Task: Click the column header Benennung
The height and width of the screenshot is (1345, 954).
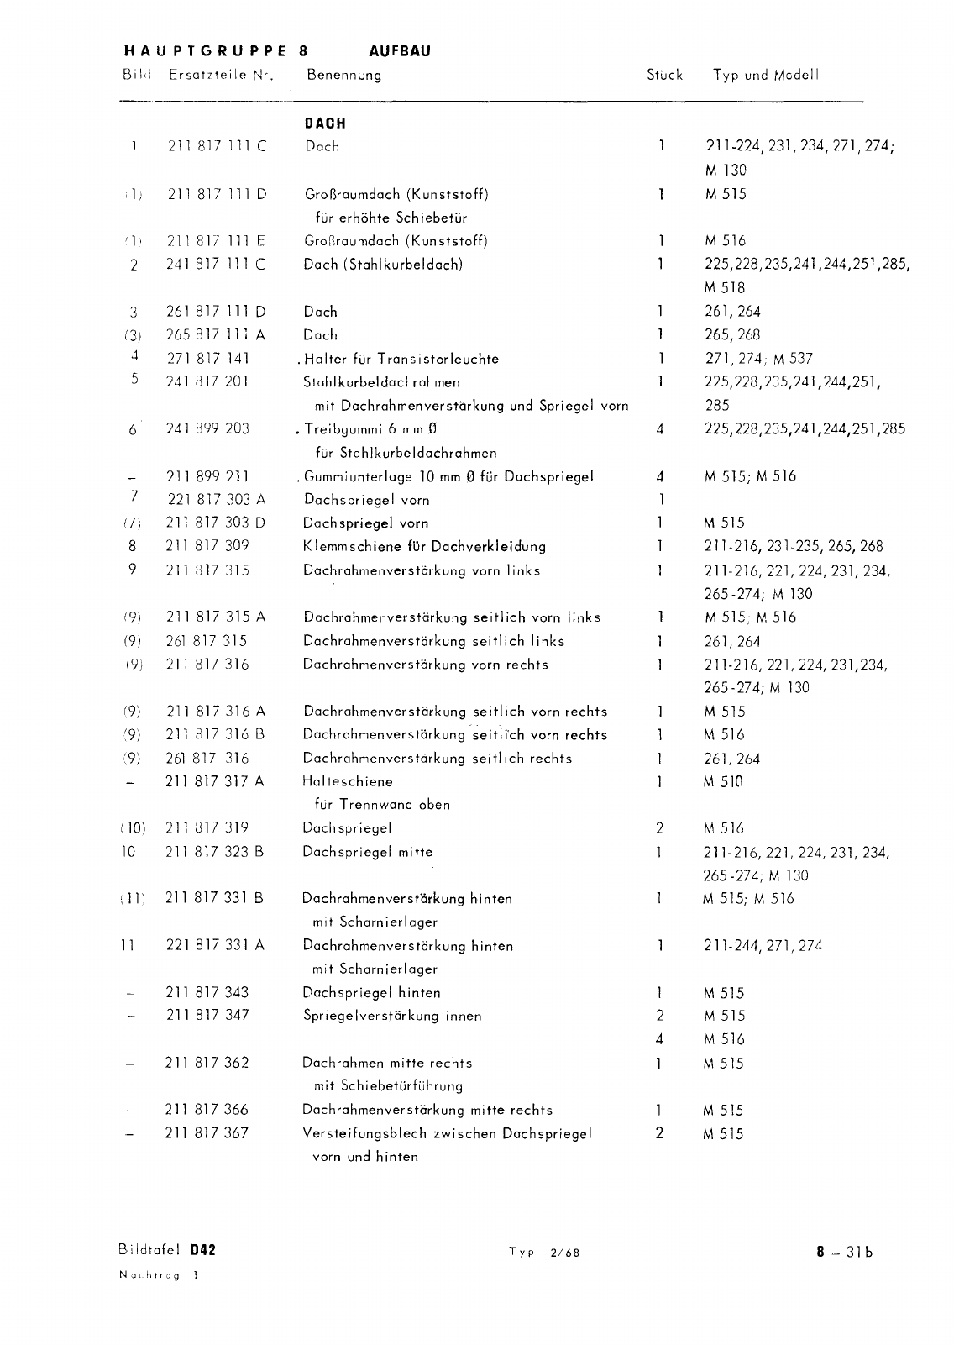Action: click(x=343, y=75)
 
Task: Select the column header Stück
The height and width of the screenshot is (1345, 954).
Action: click(x=664, y=75)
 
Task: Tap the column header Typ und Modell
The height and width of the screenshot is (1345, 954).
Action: click(x=765, y=75)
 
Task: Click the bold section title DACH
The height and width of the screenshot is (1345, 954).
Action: click(x=325, y=123)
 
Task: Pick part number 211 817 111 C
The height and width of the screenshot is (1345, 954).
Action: click(x=218, y=146)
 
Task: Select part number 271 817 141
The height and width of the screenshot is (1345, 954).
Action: click(x=208, y=359)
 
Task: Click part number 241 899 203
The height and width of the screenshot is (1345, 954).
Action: click(x=207, y=428)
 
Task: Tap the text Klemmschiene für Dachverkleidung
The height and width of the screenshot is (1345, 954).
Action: click(x=424, y=547)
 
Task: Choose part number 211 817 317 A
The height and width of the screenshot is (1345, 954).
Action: click(x=215, y=781)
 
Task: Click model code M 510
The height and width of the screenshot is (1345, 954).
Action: click(x=724, y=781)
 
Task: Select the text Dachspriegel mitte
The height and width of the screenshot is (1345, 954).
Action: click(x=368, y=852)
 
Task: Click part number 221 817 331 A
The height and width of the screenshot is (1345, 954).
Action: click(x=215, y=945)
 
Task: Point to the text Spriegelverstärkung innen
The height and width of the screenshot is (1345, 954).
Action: click(x=392, y=1016)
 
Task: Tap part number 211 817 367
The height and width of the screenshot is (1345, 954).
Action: click(x=207, y=1133)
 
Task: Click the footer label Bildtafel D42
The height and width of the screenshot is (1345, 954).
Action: click(x=167, y=1249)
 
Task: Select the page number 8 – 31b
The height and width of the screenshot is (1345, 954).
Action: click(x=844, y=1251)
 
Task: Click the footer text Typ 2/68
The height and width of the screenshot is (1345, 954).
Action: click(x=543, y=1252)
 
